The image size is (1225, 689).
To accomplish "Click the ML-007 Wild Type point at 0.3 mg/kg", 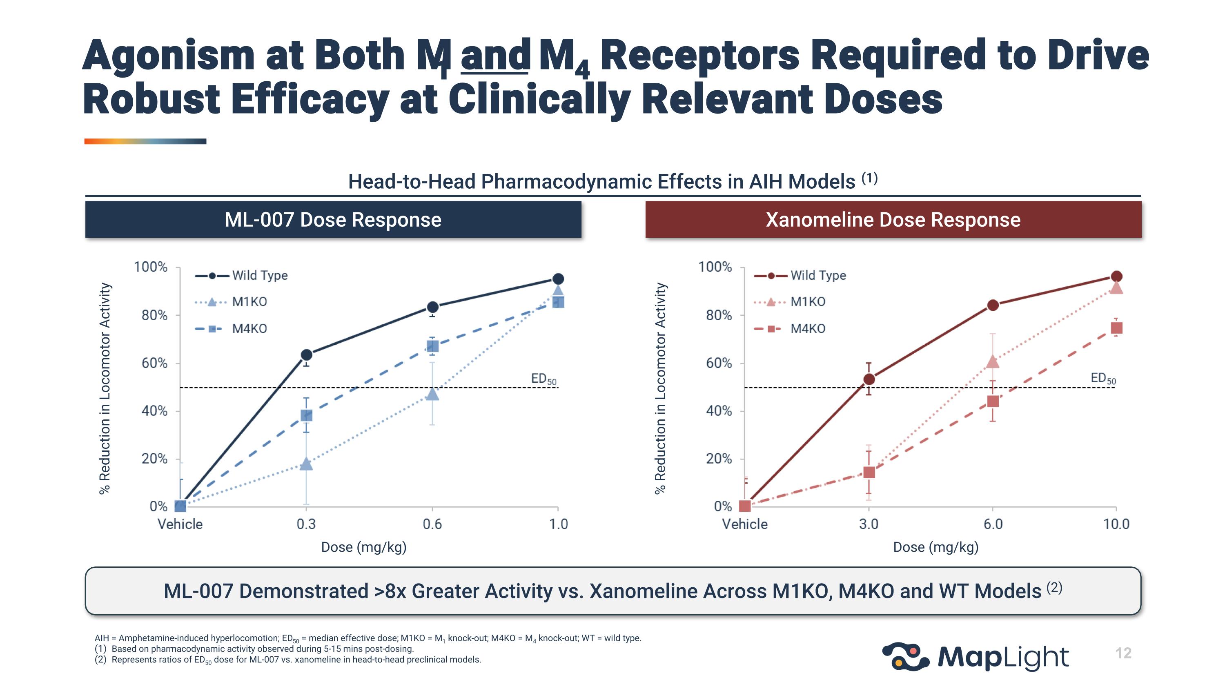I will tap(307, 355).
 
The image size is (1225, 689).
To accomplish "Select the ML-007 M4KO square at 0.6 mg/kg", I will tap(432, 346).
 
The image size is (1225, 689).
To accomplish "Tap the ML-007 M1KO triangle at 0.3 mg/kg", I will tap(307, 464).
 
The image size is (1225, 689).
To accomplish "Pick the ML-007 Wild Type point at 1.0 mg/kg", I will tap(558, 279).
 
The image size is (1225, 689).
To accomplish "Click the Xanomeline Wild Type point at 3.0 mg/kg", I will tap(869, 379).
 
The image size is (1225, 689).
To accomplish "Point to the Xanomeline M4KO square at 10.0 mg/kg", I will tap(1116, 328).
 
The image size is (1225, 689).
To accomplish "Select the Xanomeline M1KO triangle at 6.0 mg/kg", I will tap(993, 362).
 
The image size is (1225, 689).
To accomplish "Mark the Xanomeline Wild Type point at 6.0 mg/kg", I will tap(993, 305).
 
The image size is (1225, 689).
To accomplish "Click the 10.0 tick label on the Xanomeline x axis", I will tap(1116, 524).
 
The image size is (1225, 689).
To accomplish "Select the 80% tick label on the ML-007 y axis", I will tap(154, 315).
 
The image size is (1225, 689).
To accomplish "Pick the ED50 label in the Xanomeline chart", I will tap(1103, 379).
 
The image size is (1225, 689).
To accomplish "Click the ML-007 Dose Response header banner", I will tap(333, 220).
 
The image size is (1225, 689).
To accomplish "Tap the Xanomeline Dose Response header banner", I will tap(893, 220).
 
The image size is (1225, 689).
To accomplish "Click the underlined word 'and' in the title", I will tap(495, 56).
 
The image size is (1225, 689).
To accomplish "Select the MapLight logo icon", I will tap(905, 656).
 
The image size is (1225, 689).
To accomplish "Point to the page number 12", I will tap(1123, 653).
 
